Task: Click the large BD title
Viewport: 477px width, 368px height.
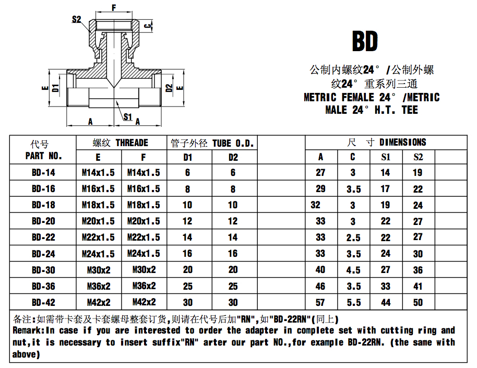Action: tap(365, 41)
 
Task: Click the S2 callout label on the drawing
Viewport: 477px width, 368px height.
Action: tap(76, 19)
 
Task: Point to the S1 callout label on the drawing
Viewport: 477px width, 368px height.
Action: tap(128, 116)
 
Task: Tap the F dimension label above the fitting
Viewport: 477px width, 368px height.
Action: tap(114, 7)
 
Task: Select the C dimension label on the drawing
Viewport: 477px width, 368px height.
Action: tap(148, 26)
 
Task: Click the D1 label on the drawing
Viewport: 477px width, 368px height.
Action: tap(55, 88)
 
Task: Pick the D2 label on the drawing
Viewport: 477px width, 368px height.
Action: tap(169, 88)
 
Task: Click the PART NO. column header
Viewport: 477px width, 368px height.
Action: tap(44, 156)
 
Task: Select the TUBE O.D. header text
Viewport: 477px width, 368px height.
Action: tap(233, 143)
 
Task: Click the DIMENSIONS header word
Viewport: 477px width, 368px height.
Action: tap(402, 142)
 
